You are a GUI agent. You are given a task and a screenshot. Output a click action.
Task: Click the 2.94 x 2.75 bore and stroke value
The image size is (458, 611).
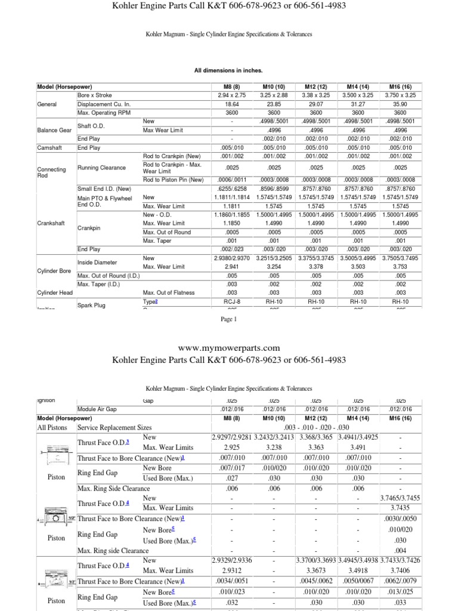coord(231,95)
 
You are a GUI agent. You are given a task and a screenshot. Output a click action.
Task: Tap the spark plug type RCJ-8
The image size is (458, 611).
coord(231,302)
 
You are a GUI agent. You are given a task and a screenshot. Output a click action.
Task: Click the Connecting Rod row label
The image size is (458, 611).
coord(51,172)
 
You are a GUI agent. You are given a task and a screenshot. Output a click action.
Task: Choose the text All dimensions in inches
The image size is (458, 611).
coord(228,70)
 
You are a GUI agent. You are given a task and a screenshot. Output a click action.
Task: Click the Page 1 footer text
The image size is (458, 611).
coord(229,319)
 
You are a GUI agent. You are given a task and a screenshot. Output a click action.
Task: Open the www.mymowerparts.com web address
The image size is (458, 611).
coord(229,348)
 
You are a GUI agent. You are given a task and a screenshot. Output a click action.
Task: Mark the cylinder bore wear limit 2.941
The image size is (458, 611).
coord(231,267)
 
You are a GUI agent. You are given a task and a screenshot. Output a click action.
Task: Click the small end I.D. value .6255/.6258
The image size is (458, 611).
coord(231,188)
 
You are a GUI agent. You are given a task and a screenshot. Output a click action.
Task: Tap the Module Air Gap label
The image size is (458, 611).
coord(99,409)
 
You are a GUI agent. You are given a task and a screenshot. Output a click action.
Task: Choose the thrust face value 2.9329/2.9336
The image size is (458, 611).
coord(231,561)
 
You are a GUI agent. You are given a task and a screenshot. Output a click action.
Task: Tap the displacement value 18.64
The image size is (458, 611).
coord(231,104)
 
